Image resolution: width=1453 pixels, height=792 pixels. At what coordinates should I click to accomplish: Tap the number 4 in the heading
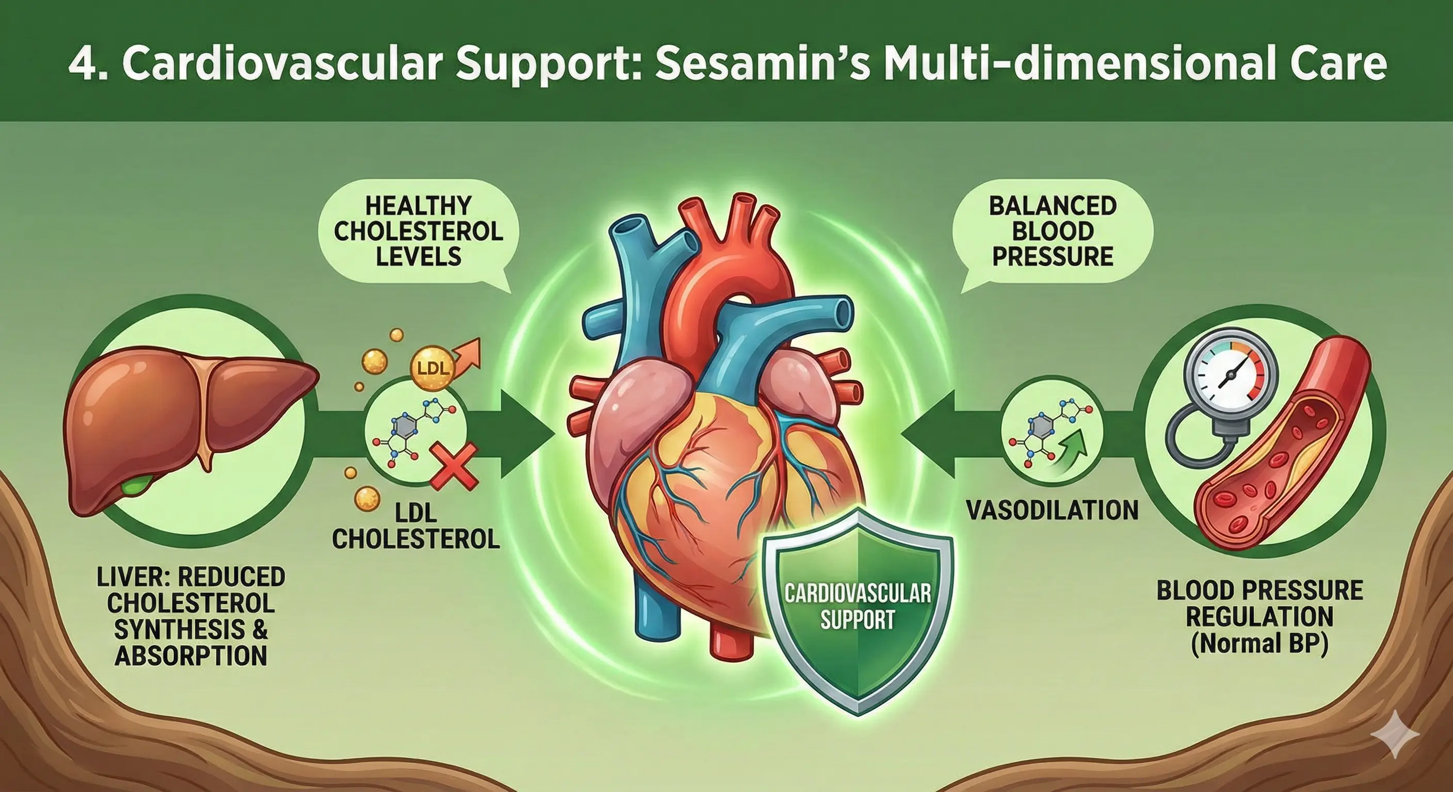coord(81,65)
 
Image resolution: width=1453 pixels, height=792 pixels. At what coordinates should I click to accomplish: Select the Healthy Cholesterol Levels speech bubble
coord(418,231)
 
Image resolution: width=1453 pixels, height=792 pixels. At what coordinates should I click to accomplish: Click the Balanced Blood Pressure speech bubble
coord(1053,231)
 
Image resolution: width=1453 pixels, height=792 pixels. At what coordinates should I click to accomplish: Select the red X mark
coord(454,466)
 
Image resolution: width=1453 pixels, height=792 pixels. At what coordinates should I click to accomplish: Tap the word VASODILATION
coord(1053,510)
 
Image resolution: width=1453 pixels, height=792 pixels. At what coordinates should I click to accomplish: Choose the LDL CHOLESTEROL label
coord(416,526)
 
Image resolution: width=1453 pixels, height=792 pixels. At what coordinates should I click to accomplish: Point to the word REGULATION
coord(1260,617)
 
